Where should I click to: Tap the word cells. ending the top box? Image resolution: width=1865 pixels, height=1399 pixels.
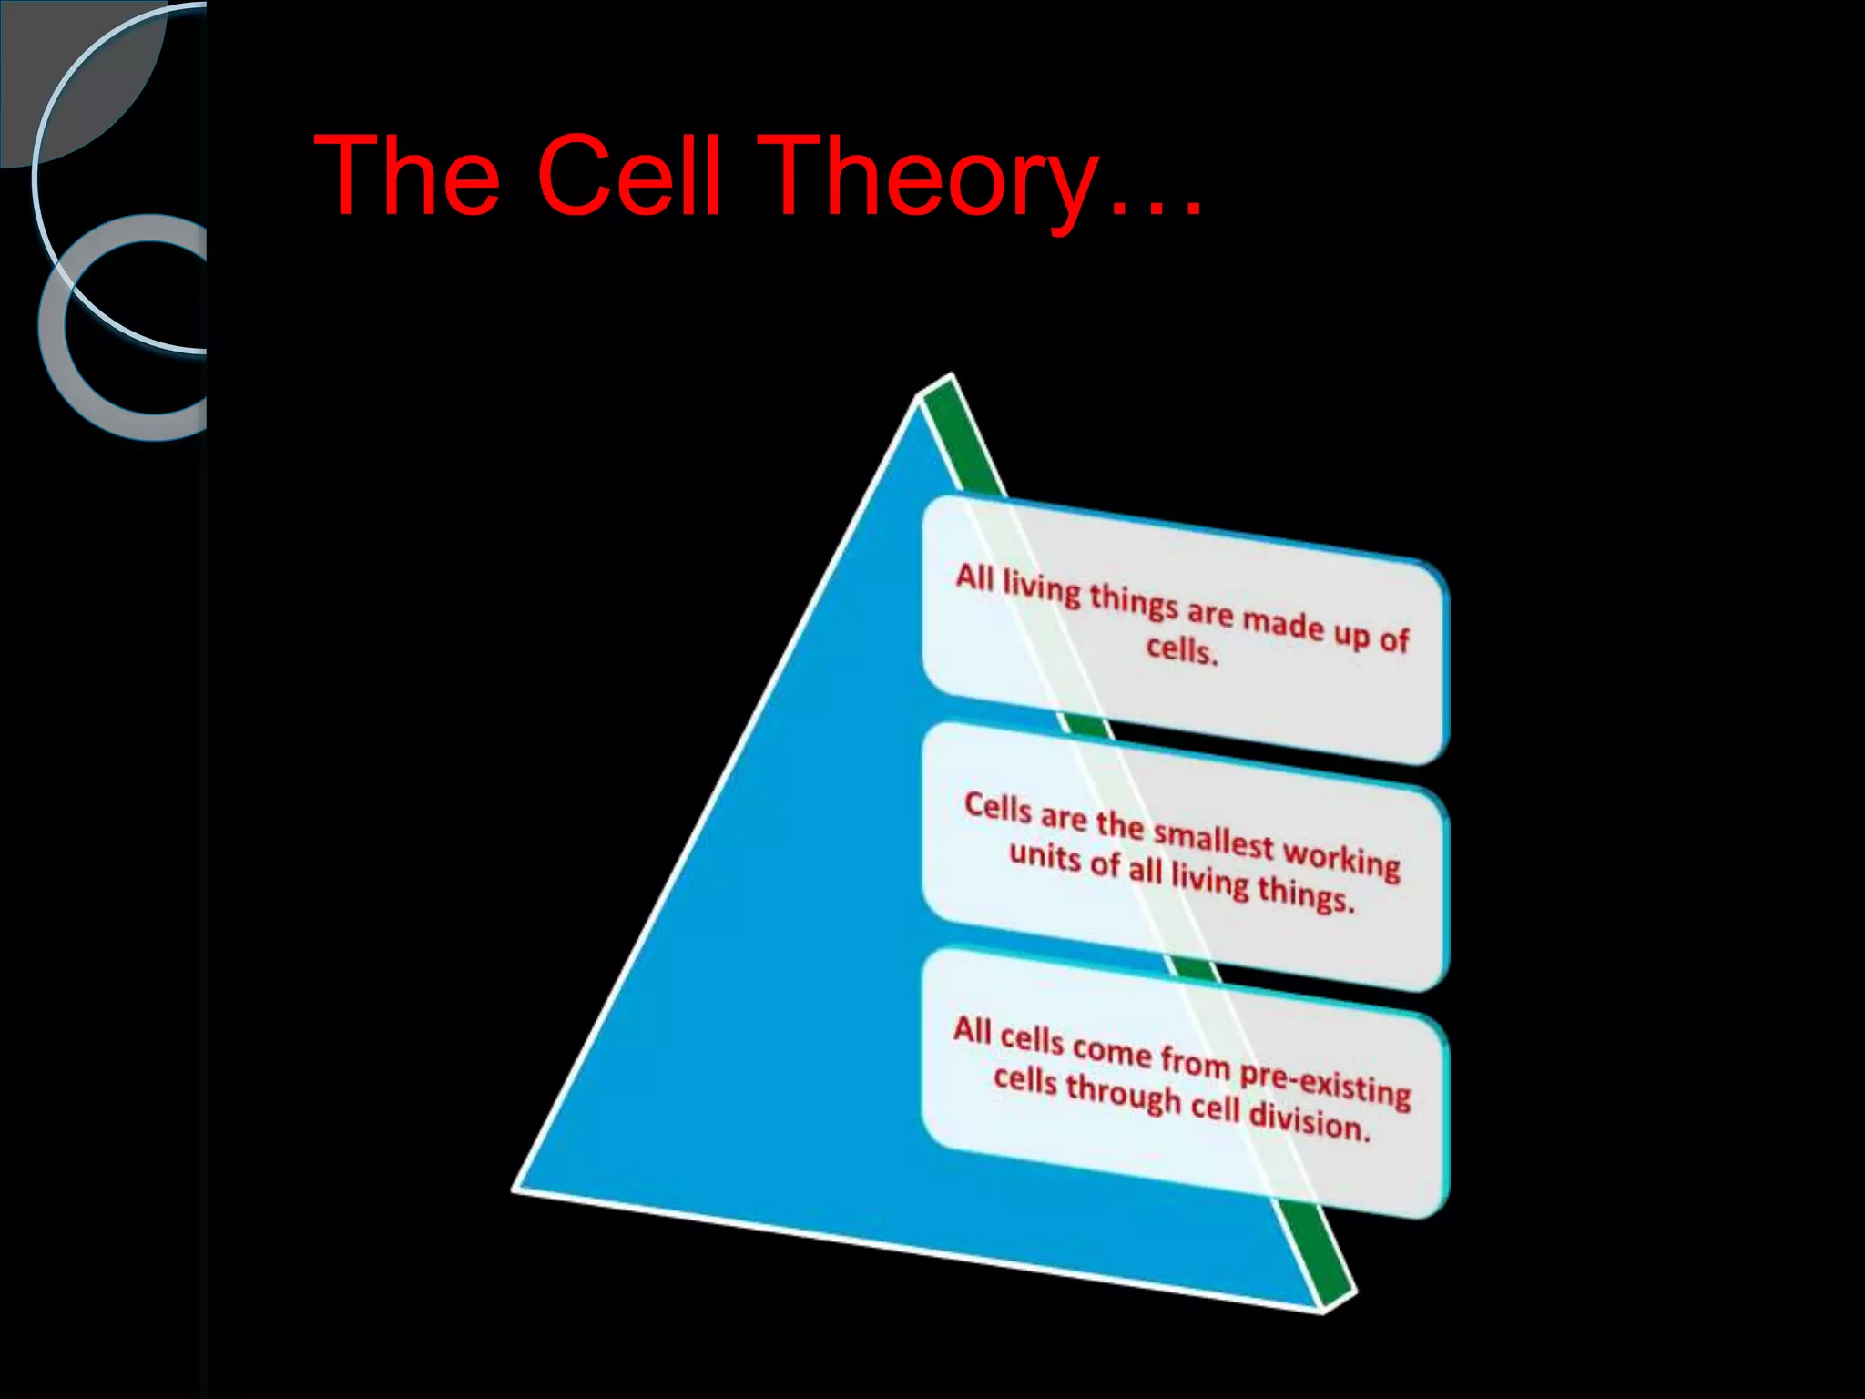(1182, 648)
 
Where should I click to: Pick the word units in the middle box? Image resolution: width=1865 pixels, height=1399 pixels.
(1045, 856)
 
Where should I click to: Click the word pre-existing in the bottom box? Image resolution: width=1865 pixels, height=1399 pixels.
(1325, 1083)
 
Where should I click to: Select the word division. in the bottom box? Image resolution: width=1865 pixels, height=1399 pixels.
(1309, 1120)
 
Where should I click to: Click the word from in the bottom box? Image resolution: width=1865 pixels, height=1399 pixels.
(1195, 1061)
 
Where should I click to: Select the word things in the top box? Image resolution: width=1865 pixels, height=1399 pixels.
(1134, 602)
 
